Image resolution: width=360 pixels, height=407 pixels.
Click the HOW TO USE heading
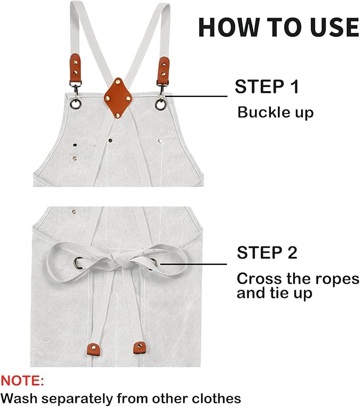(278, 26)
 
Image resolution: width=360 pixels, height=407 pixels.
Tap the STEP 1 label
(267, 86)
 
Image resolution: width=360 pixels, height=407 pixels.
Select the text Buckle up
(275, 112)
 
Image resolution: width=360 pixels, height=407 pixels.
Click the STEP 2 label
(267, 253)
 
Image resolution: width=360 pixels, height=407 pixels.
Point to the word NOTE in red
(22, 381)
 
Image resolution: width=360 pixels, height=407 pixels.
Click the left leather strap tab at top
(76, 69)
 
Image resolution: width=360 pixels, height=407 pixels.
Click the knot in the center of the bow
(117, 260)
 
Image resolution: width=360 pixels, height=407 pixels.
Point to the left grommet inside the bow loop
(78, 261)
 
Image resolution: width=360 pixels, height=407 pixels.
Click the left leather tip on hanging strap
(93, 349)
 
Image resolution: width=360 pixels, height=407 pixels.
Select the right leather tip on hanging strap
(139, 347)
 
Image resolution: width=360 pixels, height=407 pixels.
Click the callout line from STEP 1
(196, 96)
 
